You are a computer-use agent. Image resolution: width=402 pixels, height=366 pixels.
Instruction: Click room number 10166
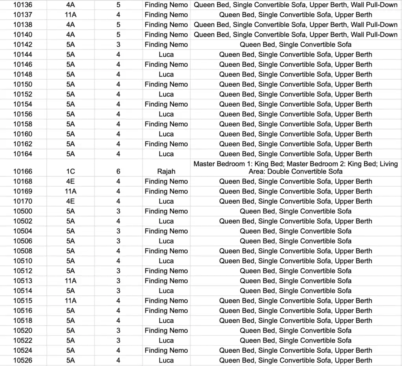[x=23, y=171]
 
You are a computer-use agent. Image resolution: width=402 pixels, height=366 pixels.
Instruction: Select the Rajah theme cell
[x=166, y=171]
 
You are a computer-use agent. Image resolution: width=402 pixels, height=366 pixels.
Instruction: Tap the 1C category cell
[x=71, y=171]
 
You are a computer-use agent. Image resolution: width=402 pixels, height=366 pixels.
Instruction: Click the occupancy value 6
[x=118, y=171]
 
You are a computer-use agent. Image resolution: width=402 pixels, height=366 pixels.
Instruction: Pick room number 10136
[x=23, y=5]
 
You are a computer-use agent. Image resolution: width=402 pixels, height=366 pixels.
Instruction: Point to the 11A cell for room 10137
[x=71, y=15]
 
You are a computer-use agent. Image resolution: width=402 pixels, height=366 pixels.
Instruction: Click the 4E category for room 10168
[x=71, y=181]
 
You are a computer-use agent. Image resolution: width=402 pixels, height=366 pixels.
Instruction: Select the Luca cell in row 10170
[x=166, y=201]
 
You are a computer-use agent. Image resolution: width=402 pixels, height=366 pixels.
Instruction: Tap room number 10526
[x=23, y=360]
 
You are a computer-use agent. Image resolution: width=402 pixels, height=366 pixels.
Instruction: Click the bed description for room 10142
[x=296, y=45]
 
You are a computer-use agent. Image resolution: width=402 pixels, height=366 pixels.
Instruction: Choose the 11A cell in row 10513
[x=71, y=281]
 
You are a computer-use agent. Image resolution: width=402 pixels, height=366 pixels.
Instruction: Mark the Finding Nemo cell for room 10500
[x=166, y=211]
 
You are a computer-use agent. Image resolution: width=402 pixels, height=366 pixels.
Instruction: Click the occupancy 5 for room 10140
[x=118, y=35]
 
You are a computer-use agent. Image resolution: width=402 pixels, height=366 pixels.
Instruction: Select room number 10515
[x=23, y=301]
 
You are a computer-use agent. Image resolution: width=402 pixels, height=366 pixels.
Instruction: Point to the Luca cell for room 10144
[x=166, y=55]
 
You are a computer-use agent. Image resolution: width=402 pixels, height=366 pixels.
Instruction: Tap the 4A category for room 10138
[x=71, y=25]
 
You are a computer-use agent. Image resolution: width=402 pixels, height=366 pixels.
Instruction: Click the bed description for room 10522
[x=296, y=341]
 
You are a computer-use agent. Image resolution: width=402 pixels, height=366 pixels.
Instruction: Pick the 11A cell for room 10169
[x=71, y=191]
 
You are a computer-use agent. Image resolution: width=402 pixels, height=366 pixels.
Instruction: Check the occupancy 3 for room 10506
[x=118, y=241]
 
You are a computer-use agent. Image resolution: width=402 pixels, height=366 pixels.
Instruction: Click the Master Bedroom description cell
[x=296, y=168]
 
